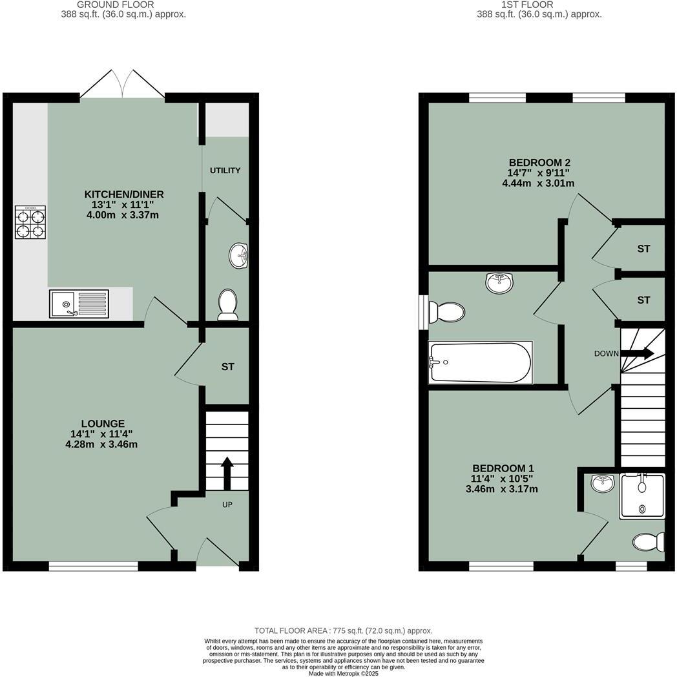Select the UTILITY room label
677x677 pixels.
click(x=225, y=171)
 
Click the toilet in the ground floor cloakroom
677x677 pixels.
click(x=227, y=304)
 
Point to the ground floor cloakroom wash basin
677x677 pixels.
click(x=239, y=256)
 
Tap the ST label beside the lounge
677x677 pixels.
click(x=227, y=367)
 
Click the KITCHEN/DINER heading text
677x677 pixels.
click(x=124, y=194)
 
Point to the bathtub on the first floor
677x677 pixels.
click(x=480, y=362)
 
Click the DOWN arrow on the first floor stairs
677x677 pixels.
click(x=640, y=353)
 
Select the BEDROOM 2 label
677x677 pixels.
click(x=539, y=163)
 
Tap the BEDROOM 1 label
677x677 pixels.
click(x=503, y=468)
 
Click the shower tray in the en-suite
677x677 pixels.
click(x=642, y=496)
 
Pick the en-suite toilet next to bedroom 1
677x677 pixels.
click(x=649, y=542)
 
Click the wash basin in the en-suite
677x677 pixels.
click(x=603, y=483)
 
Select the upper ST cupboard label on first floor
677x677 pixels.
click(x=643, y=249)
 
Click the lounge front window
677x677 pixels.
click(x=93, y=567)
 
